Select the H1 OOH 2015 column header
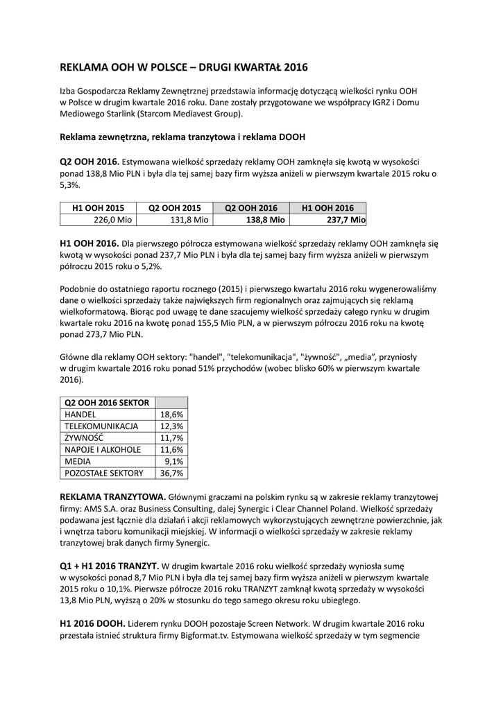tap(99, 207)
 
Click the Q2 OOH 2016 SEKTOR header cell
tap(107, 402)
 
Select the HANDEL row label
tap(80, 414)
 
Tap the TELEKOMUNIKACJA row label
tap(101, 426)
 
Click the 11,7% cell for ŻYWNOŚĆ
tap(172, 438)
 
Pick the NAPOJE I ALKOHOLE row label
tap(103, 449)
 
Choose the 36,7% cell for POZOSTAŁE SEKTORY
tap(172, 473)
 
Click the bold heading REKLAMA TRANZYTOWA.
tap(113, 496)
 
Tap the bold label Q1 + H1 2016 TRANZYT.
tap(110, 566)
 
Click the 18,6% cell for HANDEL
tap(172, 414)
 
